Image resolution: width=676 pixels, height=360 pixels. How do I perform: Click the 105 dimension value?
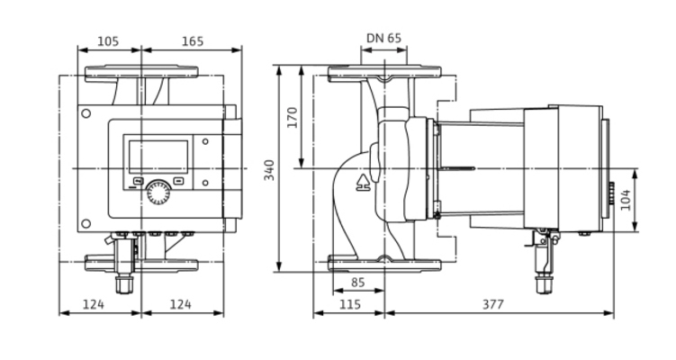(108, 42)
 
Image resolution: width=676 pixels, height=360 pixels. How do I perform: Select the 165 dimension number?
(192, 42)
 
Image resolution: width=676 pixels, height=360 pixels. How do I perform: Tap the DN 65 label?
(384, 39)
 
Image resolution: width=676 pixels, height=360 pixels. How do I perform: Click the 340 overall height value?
(268, 169)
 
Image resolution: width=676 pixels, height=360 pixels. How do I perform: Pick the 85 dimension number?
(357, 282)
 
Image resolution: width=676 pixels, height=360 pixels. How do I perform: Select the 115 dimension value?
(349, 304)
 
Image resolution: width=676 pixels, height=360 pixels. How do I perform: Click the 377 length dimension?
(492, 304)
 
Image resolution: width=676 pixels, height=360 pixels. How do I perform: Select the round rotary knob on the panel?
(158, 191)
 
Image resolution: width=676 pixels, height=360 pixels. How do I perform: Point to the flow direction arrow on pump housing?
(364, 184)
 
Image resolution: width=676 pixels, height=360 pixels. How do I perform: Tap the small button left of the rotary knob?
(137, 180)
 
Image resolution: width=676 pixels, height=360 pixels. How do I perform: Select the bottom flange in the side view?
(384, 263)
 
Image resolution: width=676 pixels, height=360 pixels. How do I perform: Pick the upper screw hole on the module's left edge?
(86, 114)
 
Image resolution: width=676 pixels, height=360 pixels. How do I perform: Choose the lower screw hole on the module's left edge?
(86, 223)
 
